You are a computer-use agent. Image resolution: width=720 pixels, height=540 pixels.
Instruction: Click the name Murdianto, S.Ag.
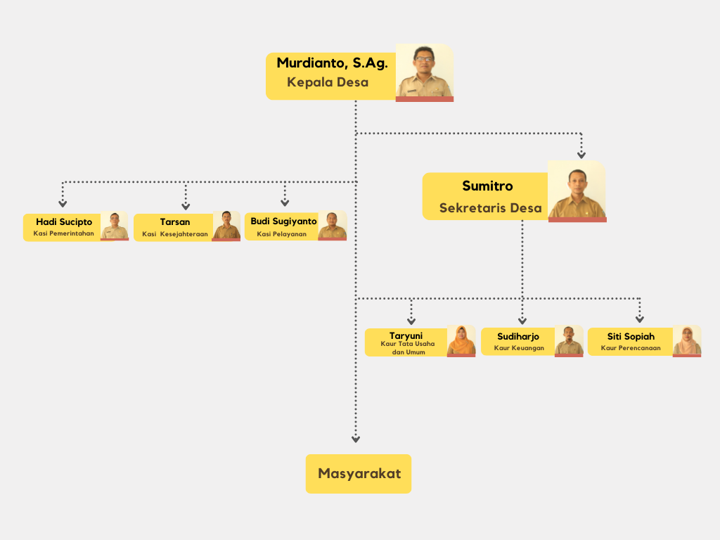(332, 63)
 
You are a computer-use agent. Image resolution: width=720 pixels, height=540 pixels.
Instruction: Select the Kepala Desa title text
(328, 82)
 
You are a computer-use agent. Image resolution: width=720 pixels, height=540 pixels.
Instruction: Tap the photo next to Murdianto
(424, 72)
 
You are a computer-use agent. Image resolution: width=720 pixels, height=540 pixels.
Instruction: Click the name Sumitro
(487, 186)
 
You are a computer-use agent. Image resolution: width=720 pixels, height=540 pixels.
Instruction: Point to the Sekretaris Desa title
(490, 208)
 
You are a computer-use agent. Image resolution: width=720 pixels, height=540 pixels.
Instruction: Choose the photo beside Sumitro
(577, 191)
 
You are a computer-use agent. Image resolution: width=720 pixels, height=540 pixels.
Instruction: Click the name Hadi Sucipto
(64, 222)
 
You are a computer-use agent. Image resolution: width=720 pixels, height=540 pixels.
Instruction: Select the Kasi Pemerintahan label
(64, 233)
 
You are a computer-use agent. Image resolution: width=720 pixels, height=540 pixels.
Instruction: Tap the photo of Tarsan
(226, 226)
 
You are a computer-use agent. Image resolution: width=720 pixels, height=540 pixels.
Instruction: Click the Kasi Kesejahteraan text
(175, 234)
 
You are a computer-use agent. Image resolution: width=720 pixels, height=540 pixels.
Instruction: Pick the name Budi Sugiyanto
(283, 221)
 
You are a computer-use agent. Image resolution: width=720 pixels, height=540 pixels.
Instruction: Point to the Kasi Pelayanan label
(282, 234)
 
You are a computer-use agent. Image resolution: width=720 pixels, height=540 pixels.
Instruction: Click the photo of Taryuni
(461, 340)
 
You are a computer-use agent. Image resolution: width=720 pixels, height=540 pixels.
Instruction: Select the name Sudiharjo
(518, 337)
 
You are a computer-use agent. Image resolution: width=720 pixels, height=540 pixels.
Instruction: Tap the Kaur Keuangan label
(519, 348)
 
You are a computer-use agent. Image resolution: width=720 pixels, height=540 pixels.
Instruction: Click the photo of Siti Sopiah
(687, 340)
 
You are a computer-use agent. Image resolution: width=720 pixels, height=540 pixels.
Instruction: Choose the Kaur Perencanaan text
(631, 348)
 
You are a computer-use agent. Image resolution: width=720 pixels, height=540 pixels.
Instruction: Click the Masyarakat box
(359, 473)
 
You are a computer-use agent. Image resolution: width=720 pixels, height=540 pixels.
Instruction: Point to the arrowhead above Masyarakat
(356, 439)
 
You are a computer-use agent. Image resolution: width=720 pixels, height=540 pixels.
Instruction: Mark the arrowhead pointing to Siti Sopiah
(640, 320)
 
